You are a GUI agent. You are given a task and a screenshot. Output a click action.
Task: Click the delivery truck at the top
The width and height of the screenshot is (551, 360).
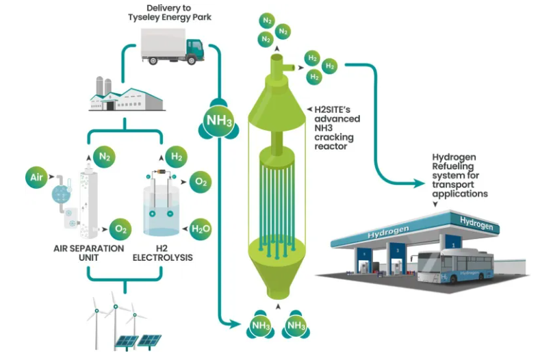tap(173, 48)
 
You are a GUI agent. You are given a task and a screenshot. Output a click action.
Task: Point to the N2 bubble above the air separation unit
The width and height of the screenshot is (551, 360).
tap(105, 157)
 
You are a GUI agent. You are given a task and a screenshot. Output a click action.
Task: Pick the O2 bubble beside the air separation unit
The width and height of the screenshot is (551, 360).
tap(120, 229)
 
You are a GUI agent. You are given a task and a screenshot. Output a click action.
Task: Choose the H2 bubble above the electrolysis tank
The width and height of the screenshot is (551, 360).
tap(176, 157)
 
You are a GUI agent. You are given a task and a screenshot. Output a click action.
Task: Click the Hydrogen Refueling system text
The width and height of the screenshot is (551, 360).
tap(459, 175)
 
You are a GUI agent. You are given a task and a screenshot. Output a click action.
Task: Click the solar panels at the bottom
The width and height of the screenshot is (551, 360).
tap(140, 340)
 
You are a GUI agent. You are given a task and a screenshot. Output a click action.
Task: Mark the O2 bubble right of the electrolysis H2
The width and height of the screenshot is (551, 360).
tap(201, 182)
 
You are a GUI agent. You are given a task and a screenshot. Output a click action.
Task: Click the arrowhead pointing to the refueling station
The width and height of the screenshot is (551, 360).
tap(425, 183)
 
